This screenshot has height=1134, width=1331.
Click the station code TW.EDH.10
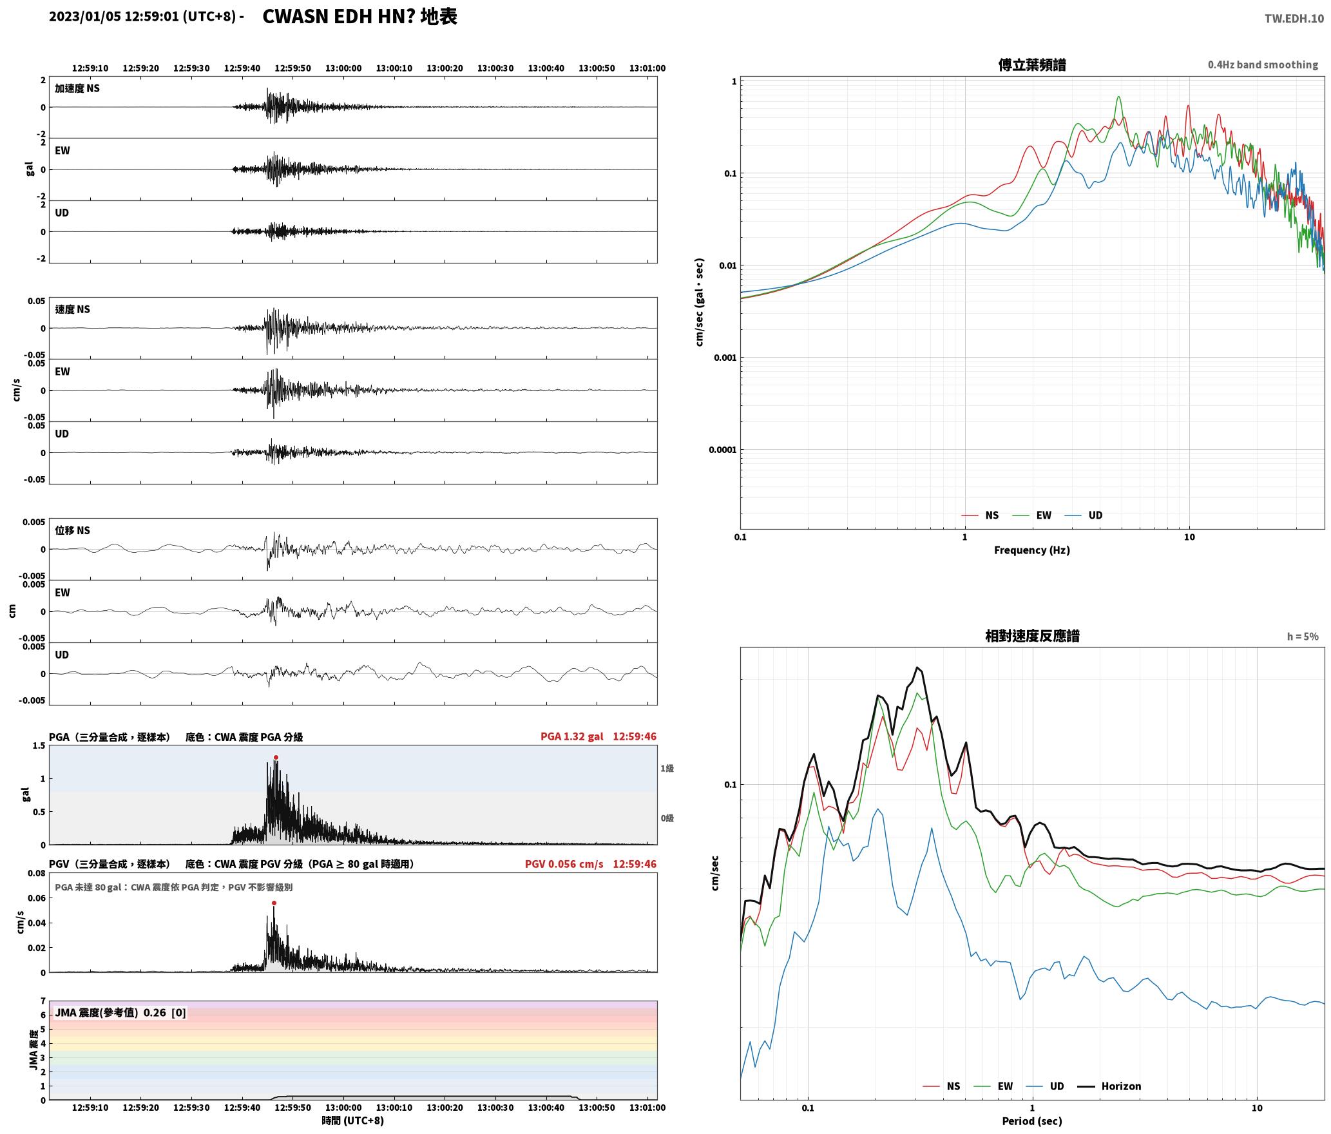(x=1294, y=18)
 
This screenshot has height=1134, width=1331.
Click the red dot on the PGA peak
(x=276, y=758)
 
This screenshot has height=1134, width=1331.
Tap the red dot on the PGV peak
(x=274, y=903)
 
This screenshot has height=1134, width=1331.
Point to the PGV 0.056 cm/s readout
(x=564, y=864)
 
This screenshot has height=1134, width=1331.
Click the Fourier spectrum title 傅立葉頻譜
(x=1031, y=65)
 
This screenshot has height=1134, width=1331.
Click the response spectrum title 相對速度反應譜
(x=1032, y=636)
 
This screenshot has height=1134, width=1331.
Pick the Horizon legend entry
(x=1109, y=1086)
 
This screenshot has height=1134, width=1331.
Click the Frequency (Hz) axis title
(x=1031, y=550)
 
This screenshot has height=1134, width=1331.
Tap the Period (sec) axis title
(x=1031, y=1120)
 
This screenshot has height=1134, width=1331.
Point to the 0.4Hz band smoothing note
(x=1263, y=65)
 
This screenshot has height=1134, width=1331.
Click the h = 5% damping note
(x=1303, y=637)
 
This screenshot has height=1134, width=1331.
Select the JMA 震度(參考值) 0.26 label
(x=110, y=1013)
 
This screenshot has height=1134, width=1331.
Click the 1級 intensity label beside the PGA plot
(x=667, y=768)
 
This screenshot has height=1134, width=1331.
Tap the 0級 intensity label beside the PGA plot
(x=667, y=818)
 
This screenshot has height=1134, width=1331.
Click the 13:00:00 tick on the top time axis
(x=343, y=68)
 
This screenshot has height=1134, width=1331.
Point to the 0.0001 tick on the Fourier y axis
(x=722, y=450)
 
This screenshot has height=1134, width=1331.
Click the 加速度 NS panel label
(x=77, y=88)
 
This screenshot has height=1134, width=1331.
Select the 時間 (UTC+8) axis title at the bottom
(x=353, y=1120)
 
